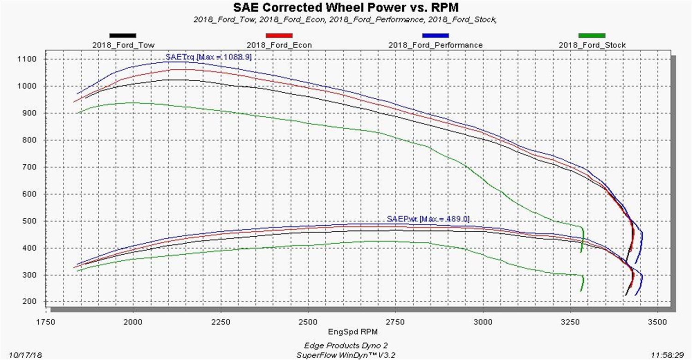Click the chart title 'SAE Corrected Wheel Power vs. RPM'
point(346,7)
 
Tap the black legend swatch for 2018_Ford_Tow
point(123,36)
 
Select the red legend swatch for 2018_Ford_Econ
point(279,36)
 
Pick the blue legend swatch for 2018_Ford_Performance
point(435,36)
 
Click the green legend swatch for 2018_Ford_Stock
point(592,36)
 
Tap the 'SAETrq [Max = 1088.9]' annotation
point(209,57)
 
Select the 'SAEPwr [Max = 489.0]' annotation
point(429,219)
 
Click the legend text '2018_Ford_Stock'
point(592,45)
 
